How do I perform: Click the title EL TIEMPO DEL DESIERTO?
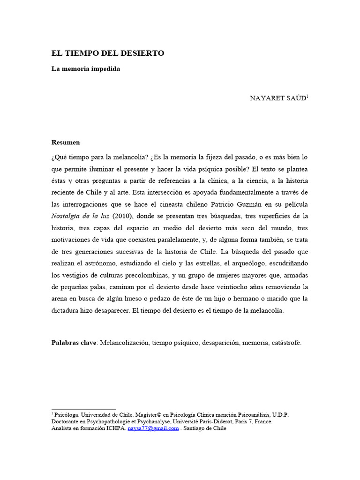pyautogui.click(x=108, y=53)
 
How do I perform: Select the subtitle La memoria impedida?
pyautogui.click(x=86, y=69)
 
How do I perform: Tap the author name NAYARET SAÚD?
pyautogui.click(x=278, y=98)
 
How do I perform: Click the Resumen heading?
pyautogui.click(x=66, y=142)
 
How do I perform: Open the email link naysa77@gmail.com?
pyautogui.click(x=153, y=428)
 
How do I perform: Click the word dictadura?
pyautogui.click(x=67, y=310)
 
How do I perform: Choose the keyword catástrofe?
pyautogui.click(x=286, y=343)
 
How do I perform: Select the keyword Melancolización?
pyautogui.click(x=125, y=343)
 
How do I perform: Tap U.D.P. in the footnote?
pyautogui.click(x=279, y=415)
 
